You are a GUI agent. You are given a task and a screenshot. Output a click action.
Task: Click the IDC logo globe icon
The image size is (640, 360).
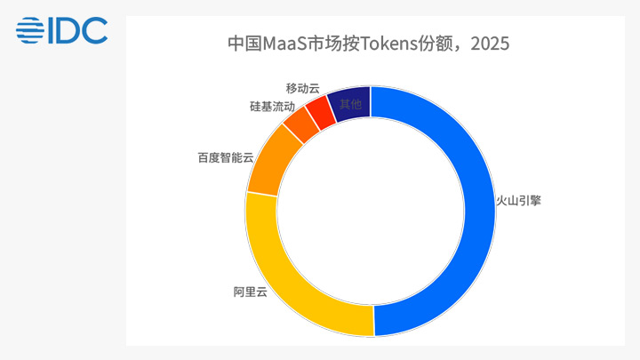click(30, 30)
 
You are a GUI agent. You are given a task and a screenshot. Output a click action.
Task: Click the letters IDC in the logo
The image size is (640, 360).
click(78, 30)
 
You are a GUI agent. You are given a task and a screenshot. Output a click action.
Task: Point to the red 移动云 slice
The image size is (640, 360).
click(321, 112)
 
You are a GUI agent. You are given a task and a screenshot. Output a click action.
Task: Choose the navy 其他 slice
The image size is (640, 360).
click(351, 104)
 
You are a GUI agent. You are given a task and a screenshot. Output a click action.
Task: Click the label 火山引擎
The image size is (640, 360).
click(518, 200)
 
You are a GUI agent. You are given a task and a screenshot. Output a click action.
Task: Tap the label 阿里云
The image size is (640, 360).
click(250, 292)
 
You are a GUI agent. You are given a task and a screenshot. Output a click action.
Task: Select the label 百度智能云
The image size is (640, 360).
click(226, 157)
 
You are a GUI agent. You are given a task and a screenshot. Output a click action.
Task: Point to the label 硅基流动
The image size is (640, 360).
click(272, 107)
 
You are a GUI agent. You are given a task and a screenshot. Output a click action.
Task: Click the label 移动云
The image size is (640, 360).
click(302, 88)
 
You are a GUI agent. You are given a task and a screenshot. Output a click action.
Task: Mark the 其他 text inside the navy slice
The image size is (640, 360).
click(350, 105)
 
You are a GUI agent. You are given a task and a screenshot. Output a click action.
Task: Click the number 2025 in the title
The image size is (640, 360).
click(490, 44)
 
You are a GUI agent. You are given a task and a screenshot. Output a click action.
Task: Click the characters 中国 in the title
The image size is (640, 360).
click(245, 44)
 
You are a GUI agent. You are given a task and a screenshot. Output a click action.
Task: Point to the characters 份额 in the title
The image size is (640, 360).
click(435, 44)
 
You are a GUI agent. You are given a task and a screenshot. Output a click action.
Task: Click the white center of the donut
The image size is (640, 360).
click(371, 212)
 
